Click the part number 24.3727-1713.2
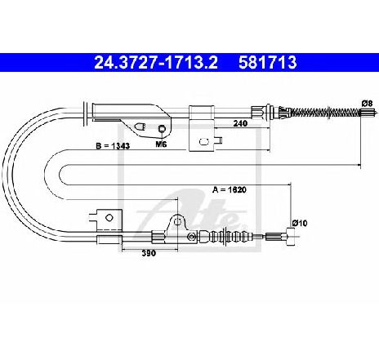click(x=156, y=62)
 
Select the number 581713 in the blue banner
click(x=267, y=62)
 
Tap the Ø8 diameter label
click(x=367, y=104)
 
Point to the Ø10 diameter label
click(x=300, y=223)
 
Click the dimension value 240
click(x=240, y=123)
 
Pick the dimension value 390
click(x=149, y=253)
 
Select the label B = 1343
click(x=113, y=146)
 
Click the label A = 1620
click(x=230, y=189)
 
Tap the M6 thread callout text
click(x=161, y=144)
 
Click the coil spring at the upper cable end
click(x=325, y=112)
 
